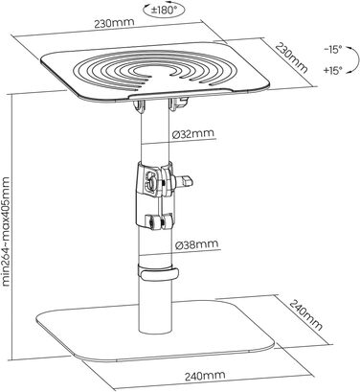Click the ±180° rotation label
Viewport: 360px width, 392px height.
click(164, 10)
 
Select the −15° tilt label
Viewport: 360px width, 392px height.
click(332, 50)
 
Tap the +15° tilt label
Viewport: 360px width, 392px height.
click(332, 70)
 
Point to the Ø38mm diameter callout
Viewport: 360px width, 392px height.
click(197, 244)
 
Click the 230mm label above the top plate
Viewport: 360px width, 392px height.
click(114, 23)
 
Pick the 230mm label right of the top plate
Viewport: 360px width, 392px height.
click(291, 58)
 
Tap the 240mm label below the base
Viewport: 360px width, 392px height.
click(205, 376)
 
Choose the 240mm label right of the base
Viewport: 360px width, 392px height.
click(305, 314)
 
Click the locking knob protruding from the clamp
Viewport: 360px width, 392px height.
click(183, 181)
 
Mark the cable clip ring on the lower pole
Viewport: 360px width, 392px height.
click(157, 271)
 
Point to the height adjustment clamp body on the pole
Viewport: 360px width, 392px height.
click(154, 195)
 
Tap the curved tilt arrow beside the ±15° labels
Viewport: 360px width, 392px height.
click(350, 59)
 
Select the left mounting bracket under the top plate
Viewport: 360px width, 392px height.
click(139, 106)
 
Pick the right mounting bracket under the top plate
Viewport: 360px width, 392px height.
click(178, 104)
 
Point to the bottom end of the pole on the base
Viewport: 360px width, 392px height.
click(155, 331)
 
